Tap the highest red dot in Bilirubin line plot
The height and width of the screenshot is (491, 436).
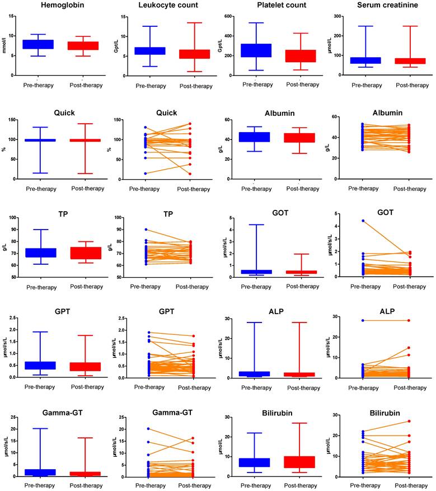coord(409,421)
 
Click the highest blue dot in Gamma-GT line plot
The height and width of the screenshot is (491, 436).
coord(148,429)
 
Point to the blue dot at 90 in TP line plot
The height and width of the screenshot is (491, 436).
coord(148,230)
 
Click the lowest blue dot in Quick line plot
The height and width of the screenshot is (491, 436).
coord(148,173)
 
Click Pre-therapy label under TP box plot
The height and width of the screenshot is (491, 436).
coord(37,287)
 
